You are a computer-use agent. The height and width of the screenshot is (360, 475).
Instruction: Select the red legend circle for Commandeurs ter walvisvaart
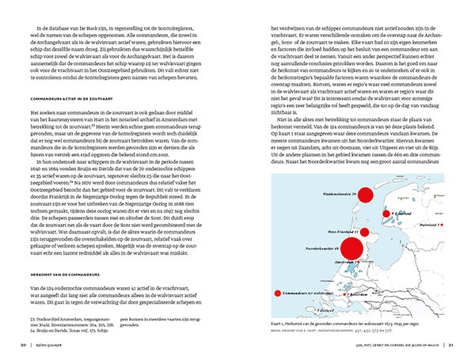(x=276, y=293)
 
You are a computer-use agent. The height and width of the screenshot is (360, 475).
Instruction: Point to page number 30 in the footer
(x=24, y=343)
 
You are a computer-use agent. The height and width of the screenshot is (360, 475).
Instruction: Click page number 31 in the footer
(x=451, y=343)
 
